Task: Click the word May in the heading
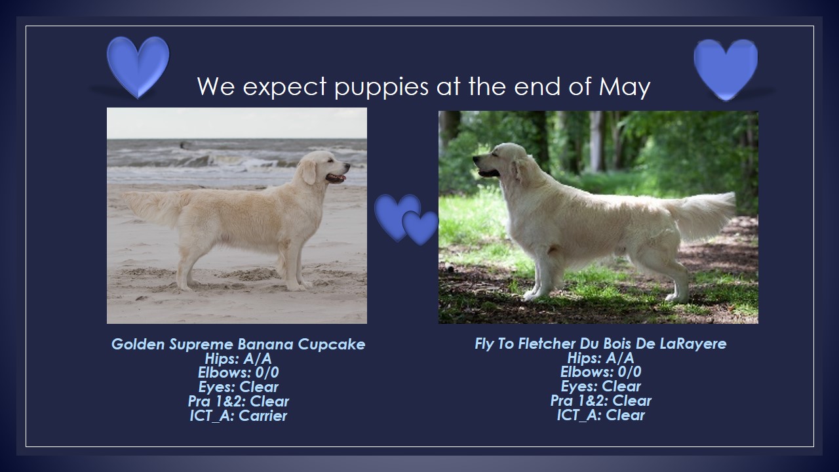[x=625, y=87]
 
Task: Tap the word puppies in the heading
[x=381, y=88]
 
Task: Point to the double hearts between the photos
[x=406, y=219]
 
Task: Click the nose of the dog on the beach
[x=347, y=165]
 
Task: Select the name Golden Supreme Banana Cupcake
[x=238, y=344]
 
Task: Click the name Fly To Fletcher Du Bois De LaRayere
[x=600, y=344]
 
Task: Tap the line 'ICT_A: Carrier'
[x=238, y=416]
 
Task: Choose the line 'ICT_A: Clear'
[x=601, y=415]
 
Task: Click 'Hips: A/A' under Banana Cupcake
[x=238, y=359]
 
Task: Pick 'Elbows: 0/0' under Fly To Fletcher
[x=601, y=372]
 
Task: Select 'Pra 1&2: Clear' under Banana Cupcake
[x=238, y=402]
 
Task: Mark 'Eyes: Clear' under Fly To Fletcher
[x=601, y=386]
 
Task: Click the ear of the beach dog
[x=309, y=172]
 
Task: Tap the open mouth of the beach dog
[x=336, y=178]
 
